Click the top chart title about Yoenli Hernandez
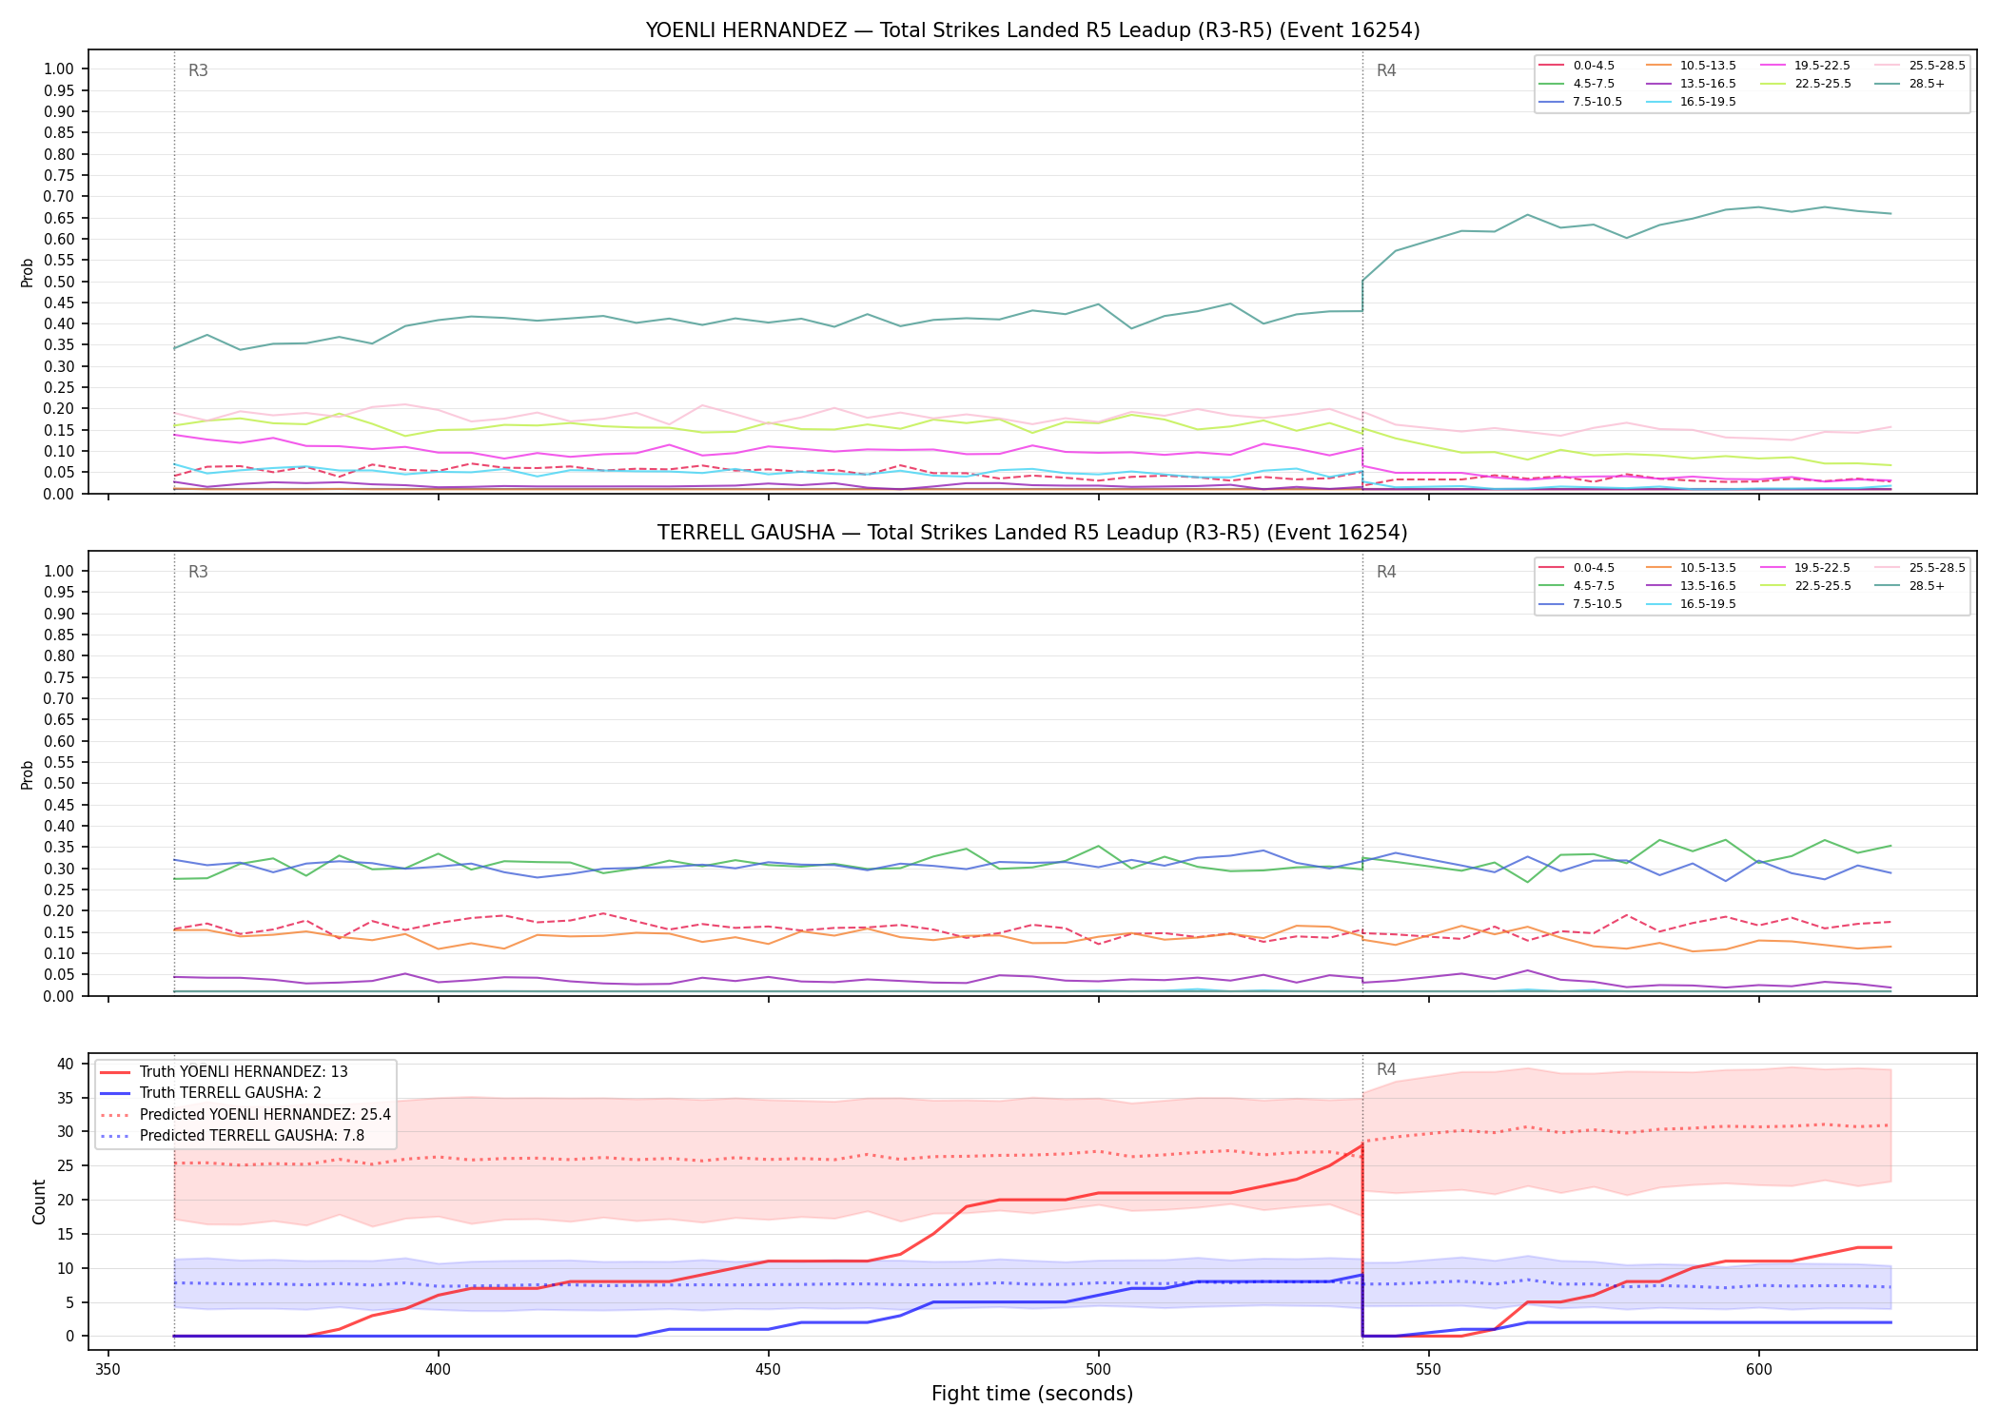coord(1032,30)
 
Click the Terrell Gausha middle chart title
coord(1032,533)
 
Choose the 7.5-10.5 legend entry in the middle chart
coord(1580,604)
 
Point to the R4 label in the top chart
coord(1386,70)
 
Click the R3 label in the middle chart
coord(198,572)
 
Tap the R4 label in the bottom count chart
coord(1386,1069)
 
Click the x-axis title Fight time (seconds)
coord(1032,1394)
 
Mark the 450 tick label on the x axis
coord(768,1369)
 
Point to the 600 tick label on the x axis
coord(1758,1369)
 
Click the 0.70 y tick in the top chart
coord(59,197)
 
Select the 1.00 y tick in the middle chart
coord(59,571)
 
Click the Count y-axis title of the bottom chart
coord(39,1202)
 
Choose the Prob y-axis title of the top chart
coord(28,272)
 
